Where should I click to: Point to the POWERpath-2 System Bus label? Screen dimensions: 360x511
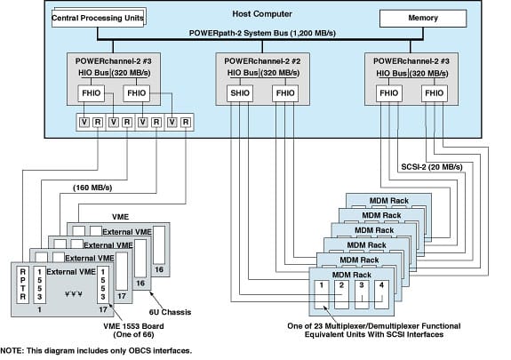(262, 32)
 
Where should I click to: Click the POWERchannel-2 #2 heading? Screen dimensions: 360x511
(263, 59)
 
